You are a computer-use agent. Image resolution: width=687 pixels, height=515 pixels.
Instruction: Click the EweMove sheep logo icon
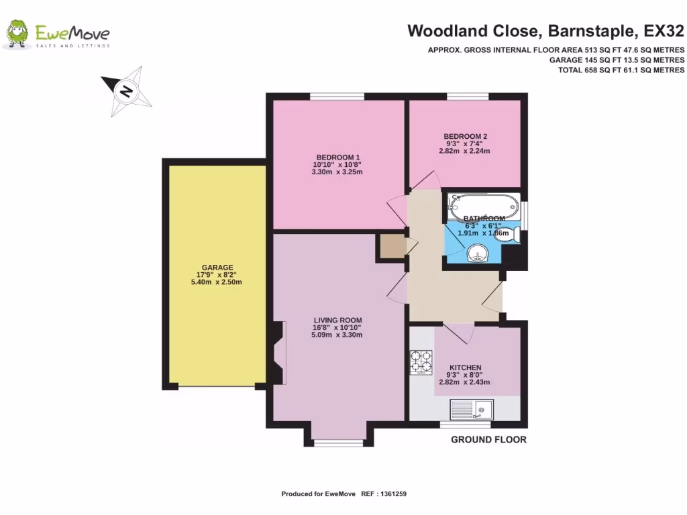[x=17, y=35]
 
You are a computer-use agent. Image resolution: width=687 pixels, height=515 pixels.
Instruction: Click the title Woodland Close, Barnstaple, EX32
[x=545, y=31]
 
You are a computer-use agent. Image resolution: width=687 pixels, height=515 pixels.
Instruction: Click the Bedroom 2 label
[x=465, y=136]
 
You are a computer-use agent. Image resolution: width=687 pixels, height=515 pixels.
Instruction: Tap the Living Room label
[x=337, y=319]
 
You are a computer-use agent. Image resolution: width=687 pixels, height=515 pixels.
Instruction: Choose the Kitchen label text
[x=465, y=367]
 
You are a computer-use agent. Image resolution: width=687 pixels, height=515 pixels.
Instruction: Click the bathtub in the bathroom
[x=484, y=205]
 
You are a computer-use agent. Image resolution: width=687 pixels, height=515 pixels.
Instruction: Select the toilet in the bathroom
[x=511, y=235]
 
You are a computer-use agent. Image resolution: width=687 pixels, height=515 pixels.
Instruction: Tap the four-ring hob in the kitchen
[x=421, y=363]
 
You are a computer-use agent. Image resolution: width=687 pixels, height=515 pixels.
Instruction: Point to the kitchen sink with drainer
[x=472, y=408]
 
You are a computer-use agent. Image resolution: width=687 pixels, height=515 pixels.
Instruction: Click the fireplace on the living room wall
[x=278, y=353]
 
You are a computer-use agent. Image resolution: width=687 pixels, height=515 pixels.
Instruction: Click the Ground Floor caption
[x=488, y=440]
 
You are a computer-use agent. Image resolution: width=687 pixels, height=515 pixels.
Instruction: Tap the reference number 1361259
[x=392, y=494]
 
